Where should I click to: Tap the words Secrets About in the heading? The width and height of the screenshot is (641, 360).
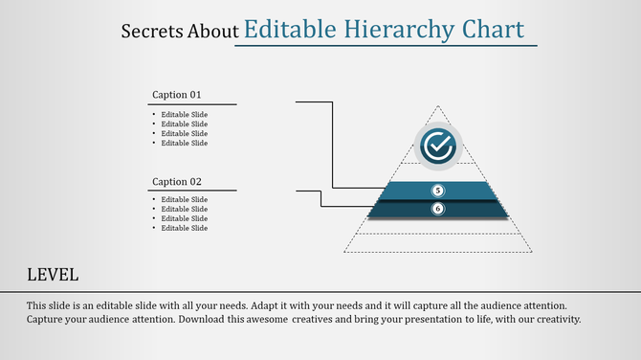pos(180,32)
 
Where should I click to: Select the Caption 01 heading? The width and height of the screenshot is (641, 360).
pos(177,95)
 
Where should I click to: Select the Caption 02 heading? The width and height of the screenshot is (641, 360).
pos(177,182)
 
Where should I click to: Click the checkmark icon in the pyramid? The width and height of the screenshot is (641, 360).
pos(439,146)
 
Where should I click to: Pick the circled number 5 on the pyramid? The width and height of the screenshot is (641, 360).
pos(438,191)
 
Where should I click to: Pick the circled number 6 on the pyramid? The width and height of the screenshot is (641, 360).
pos(438,208)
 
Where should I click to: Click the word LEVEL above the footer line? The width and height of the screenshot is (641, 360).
pos(53,275)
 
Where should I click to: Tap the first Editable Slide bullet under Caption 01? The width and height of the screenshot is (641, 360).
pos(184,115)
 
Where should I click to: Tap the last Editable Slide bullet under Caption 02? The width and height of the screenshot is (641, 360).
pos(184,228)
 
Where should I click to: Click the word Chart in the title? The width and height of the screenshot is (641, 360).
pos(493,30)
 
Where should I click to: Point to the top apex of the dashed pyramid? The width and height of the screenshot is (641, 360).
pos(438,106)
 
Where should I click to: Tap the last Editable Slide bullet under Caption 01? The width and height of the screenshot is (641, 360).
pos(184,143)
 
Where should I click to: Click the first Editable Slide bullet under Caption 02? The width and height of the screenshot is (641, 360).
pos(184,199)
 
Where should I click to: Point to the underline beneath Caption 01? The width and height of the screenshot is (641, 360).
pos(194,104)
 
